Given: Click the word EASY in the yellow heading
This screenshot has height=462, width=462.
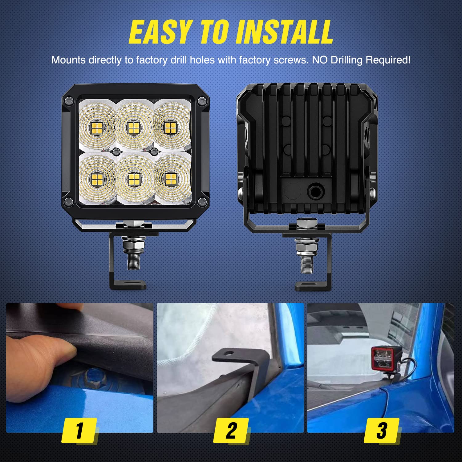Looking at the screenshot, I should coord(160,32).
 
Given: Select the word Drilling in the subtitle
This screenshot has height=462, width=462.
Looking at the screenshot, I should coord(346,60).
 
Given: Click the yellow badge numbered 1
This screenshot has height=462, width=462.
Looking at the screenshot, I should coord(79,430).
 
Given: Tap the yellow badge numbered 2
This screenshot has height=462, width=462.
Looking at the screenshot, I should coord(231,430).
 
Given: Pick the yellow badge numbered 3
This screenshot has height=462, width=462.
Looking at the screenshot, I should coord(382,430).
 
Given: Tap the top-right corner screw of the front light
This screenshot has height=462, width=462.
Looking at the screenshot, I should coord(202,100).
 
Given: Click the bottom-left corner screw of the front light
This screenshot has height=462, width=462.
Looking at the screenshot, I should coord(69,202).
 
